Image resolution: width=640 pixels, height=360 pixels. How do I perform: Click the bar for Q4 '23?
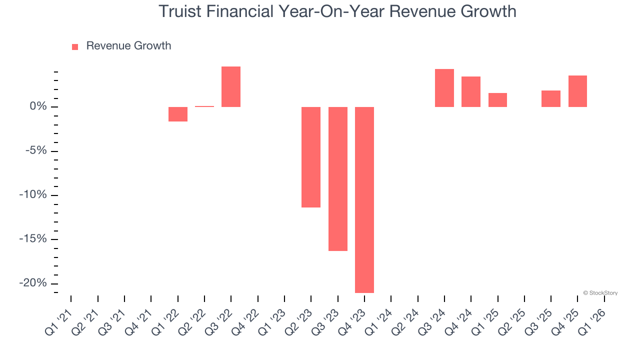[364, 199]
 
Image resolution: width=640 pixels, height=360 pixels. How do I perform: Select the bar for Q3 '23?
[338, 178]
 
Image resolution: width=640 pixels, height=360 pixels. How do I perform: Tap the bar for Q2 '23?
[311, 157]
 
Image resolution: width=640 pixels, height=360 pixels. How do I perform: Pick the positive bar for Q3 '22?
[231, 86]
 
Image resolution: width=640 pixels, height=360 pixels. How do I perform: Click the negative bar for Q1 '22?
[178, 114]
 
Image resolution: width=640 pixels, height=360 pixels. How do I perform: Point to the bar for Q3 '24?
[444, 88]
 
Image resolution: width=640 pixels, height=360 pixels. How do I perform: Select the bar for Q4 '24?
[471, 91]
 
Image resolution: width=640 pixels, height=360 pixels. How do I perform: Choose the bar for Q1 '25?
[497, 100]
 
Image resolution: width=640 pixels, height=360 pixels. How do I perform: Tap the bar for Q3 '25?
[551, 98]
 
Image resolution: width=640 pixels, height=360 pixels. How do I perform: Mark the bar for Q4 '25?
[577, 91]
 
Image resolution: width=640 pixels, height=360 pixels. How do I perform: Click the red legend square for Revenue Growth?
[75, 46]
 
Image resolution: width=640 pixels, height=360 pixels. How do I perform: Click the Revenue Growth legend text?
[128, 46]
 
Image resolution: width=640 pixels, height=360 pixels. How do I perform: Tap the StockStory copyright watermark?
[600, 293]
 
